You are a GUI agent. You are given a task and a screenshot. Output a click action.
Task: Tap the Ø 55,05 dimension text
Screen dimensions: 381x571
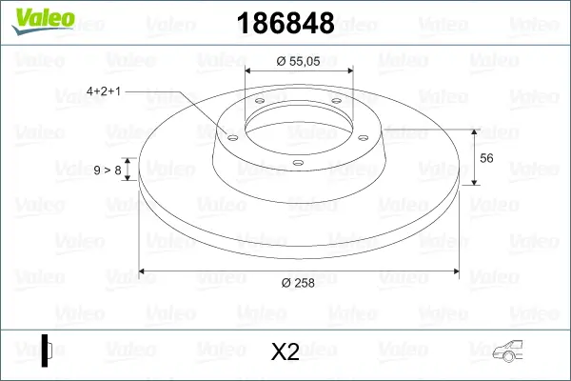pyautogui.click(x=298, y=61)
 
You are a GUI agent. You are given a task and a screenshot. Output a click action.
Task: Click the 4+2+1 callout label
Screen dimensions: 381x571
pyautogui.click(x=107, y=92)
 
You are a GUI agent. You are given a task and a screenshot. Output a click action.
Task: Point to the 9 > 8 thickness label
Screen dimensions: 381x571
pyautogui.click(x=107, y=170)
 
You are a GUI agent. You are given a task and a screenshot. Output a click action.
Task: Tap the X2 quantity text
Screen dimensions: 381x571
pyautogui.click(x=285, y=351)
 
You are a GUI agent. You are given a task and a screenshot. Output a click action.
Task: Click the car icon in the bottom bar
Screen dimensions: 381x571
pyautogui.click(x=513, y=351)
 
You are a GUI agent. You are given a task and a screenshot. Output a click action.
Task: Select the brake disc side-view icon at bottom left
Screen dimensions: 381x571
pyautogui.click(x=48, y=350)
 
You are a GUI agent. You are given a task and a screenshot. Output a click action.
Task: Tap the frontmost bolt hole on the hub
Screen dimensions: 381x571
pyautogui.click(x=297, y=163)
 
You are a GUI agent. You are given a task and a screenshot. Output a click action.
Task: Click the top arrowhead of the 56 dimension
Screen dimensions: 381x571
pyautogui.click(x=473, y=131)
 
